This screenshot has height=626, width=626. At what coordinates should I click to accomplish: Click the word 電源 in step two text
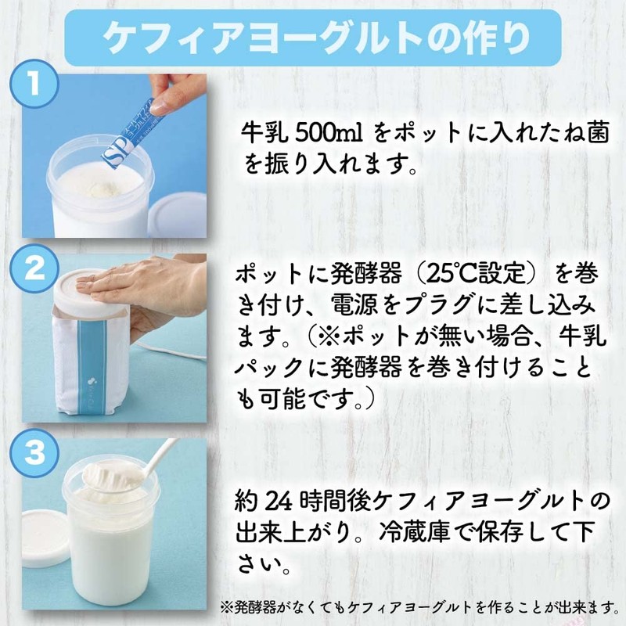(x=350, y=308)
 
